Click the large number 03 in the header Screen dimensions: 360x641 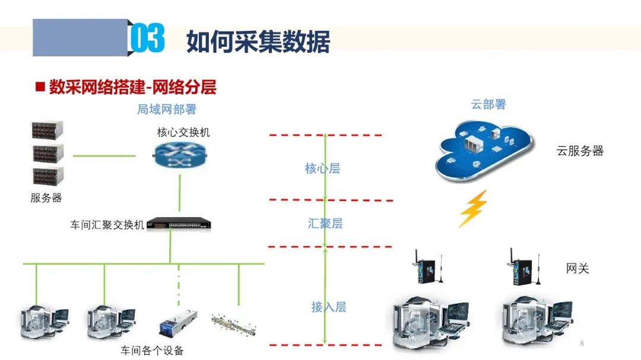[x=147, y=39]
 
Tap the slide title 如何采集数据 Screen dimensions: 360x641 [x=258, y=41]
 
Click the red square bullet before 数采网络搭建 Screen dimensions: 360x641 [x=40, y=87]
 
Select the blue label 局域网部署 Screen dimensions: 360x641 [x=167, y=109]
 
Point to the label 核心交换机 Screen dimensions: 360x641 [x=183, y=132]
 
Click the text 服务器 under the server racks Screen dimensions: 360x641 [x=46, y=197]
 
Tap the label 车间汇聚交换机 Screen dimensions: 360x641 [x=107, y=225]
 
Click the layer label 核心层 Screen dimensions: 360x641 [x=322, y=168]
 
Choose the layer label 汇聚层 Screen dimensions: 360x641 [x=325, y=223]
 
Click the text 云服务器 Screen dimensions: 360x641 [x=580, y=151]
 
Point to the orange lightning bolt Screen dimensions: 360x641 [x=473, y=209]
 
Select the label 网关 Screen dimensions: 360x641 [x=577, y=268]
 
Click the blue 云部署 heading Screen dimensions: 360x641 [x=488, y=104]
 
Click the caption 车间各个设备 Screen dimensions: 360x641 [x=153, y=350]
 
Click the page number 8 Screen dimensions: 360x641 [x=582, y=343]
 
